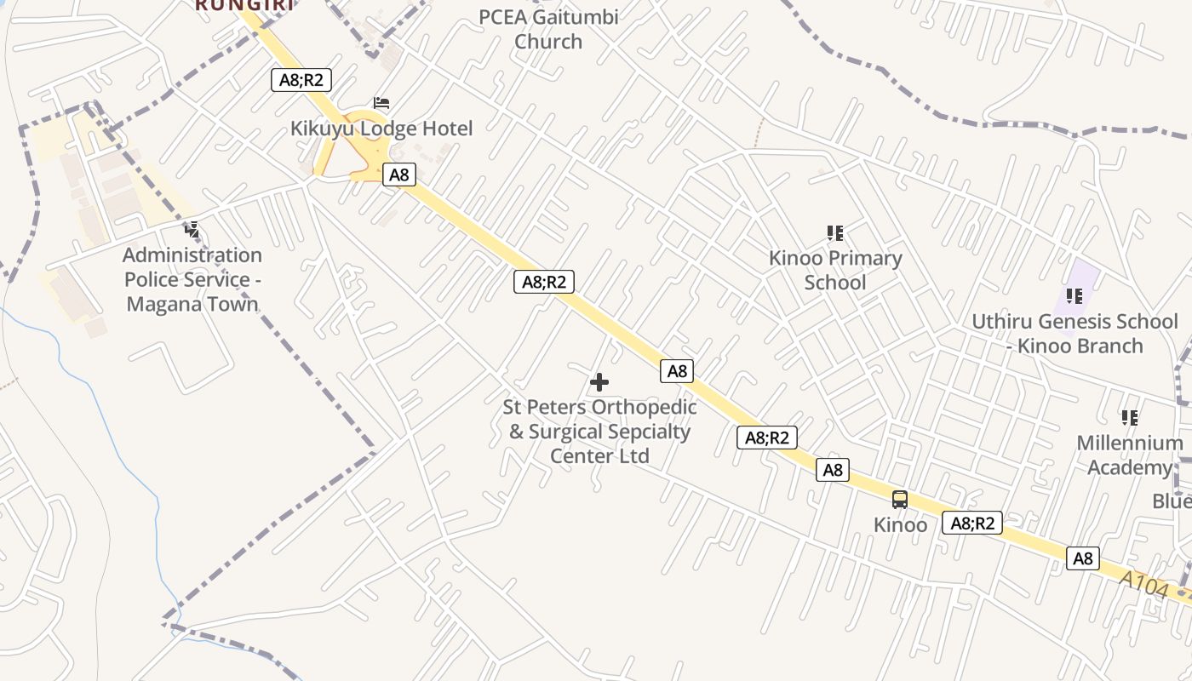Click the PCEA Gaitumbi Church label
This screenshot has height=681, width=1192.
coord(548,29)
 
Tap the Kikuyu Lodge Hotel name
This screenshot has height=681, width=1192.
coord(381,129)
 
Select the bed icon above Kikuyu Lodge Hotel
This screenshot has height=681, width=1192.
coord(381,103)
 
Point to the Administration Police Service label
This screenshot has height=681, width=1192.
coord(192,279)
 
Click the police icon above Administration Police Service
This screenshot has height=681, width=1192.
coord(192,229)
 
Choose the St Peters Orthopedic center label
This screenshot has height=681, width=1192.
coord(599,432)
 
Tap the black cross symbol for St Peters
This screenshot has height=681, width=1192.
coord(599,382)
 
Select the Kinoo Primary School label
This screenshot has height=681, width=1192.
coord(835,270)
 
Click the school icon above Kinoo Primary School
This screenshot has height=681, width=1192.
coord(835,232)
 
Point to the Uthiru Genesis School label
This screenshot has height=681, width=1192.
coord(1075,334)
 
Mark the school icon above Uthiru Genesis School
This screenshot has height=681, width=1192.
coord(1075,296)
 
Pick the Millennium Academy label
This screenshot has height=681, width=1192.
coord(1130,455)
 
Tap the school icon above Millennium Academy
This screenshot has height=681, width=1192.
coord(1130,417)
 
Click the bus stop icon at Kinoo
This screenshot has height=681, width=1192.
coord(900,500)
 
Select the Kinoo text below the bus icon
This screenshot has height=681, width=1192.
coord(900,524)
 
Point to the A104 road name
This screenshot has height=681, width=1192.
coord(1143,586)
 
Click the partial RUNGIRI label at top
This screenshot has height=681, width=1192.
coord(245,5)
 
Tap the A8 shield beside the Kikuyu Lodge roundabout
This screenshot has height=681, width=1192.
coord(398,175)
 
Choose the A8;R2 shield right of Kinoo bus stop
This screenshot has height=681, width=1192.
coord(971,523)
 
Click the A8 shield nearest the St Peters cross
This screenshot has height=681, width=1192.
coord(677,371)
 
